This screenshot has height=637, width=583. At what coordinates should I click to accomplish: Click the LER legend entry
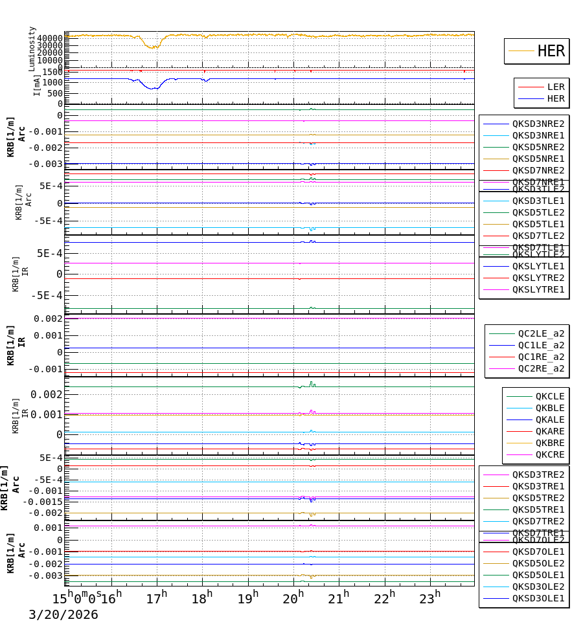pos(555,87)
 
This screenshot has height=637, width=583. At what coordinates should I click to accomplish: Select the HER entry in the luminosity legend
pos(551,51)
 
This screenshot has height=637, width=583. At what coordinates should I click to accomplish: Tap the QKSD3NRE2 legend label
pos(538,124)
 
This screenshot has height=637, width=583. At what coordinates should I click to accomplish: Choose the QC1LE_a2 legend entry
pos(541,345)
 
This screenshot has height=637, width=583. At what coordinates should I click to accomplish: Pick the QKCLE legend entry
pos(549,396)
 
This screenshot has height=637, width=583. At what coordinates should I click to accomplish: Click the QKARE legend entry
pos(549,431)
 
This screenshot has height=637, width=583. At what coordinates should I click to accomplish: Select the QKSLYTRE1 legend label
pos(538,289)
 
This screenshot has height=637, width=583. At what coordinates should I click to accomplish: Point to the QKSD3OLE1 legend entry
pos(538,598)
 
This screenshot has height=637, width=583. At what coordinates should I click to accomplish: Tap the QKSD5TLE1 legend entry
pos(538,224)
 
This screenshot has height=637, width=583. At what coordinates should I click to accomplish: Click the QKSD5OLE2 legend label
pos(538,563)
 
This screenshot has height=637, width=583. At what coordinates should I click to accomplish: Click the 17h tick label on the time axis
pos(156,598)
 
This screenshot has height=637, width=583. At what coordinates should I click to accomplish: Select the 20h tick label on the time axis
pos(293,598)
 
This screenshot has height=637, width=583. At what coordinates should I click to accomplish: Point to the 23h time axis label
pos(430,598)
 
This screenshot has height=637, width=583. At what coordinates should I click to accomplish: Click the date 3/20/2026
pos(63,615)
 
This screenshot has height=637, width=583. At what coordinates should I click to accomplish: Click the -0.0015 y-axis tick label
pos(43,502)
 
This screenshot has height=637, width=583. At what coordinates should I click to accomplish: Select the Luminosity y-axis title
pos(32,49)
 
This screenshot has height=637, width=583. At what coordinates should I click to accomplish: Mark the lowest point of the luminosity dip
pos(151,48)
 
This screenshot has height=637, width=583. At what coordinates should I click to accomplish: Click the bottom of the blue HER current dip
pos(153,89)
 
